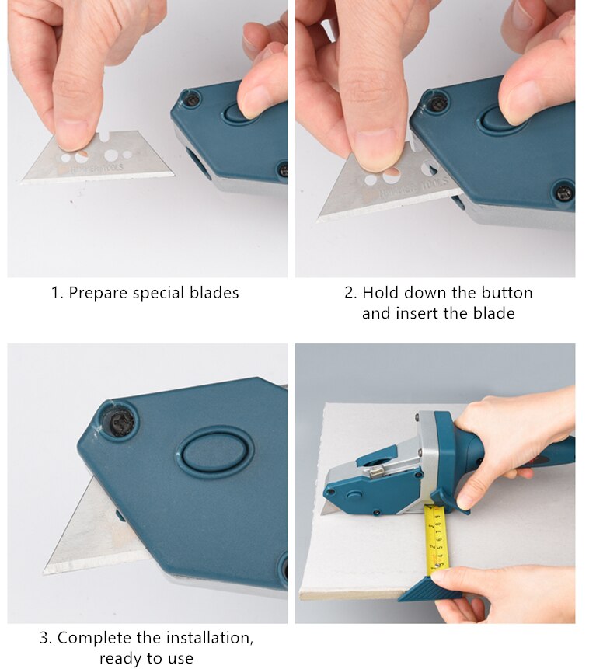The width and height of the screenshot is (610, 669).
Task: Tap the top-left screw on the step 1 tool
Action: tap(189, 99)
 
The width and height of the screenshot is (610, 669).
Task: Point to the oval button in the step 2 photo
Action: tap(493, 120)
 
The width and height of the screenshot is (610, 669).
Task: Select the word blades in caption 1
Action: tap(214, 293)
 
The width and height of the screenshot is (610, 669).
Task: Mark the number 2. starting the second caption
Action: tap(350, 293)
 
